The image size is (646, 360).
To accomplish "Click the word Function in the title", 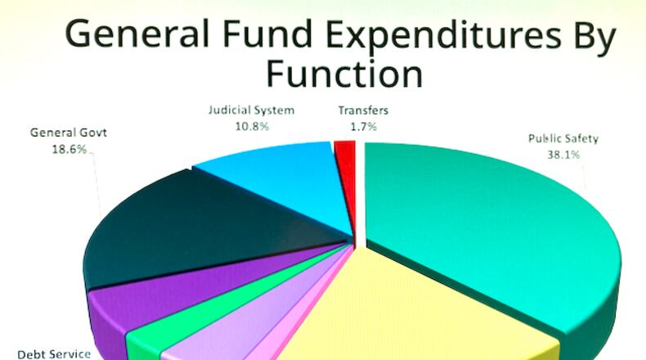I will pyautogui.click(x=343, y=74).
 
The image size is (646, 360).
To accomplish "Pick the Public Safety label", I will pyautogui.click(x=563, y=138).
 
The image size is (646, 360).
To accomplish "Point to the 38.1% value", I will pyautogui.click(x=563, y=153).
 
